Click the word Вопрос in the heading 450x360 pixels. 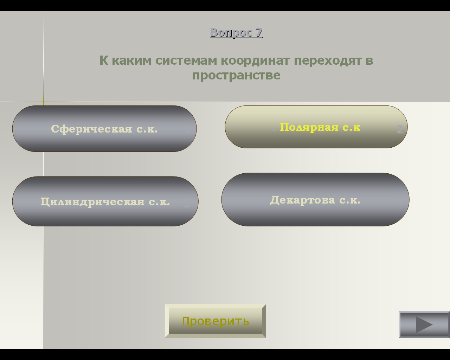pyautogui.click(x=231, y=33)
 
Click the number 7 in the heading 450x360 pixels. pyautogui.click(x=259, y=33)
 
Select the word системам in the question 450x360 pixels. pyautogui.click(x=186, y=61)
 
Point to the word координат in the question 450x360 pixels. pyautogui.click(x=255, y=61)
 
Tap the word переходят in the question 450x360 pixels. pyautogui.click(x=328, y=61)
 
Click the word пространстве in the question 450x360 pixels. pyautogui.click(x=236, y=76)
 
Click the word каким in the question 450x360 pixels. pyautogui.click(x=132, y=61)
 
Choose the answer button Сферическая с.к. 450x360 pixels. pyautogui.click(x=104, y=129)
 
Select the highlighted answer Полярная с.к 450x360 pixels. pyautogui.click(x=316, y=127)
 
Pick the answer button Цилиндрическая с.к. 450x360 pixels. pyautogui.click(x=105, y=201)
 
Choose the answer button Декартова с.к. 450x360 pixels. pyautogui.click(x=315, y=200)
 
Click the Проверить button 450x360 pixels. pyautogui.click(x=216, y=321)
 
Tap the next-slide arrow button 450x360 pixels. pyautogui.click(x=424, y=324)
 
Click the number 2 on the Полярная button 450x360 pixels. pyautogui.click(x=400, y=129)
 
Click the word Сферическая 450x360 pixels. pyautogui.click(x=92, y=129)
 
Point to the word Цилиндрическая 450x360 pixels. pyautogui.click(x=92, y=202)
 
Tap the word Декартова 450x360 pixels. pyautogui.click(x=302, y=200)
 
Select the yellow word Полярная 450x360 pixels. pyautogui.click(x=309, y=127)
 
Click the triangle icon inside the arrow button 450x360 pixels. pyautogui.click(x=424, y=324)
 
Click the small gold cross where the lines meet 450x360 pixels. pyautogui.click(x=44, y=102)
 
